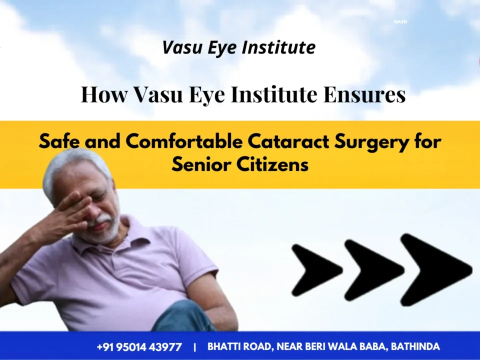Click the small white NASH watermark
pos(400,21)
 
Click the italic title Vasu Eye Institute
pos(239,48)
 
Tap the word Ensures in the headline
pos(364,94)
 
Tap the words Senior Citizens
pos(240,164)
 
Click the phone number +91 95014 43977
pos(139,347)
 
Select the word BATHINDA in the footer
pos(415,346)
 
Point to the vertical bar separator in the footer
pos(195,347)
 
